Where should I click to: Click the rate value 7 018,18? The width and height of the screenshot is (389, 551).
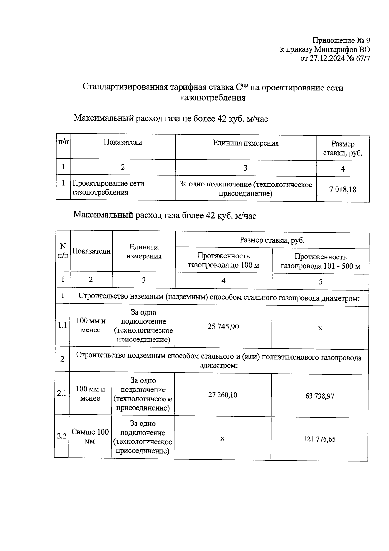(x=343, y=190)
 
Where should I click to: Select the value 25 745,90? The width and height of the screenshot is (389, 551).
(x=223, y=327)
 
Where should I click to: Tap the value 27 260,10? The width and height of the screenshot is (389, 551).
(x=222, y=395)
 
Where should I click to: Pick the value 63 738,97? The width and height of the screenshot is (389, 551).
(x=320, y=396)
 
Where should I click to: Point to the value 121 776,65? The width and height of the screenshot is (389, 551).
(x=320, y=439)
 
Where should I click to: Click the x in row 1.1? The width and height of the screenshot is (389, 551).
(x=320, y=328)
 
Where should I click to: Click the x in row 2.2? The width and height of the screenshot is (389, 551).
(x=222, y=438)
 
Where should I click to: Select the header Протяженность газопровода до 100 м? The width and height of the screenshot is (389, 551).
(x=224, y=261)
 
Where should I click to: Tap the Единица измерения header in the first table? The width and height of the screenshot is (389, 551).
(x=246, y=143)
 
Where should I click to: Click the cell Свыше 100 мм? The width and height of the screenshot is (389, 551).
(x=90, y=437)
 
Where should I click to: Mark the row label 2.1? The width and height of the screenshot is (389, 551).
(x=62, y=393)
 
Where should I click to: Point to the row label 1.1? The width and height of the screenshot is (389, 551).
(x=62, y=325)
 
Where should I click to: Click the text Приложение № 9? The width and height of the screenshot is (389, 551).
(x=341, y=41)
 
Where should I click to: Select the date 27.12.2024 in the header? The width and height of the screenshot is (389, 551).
(x=328, y=59)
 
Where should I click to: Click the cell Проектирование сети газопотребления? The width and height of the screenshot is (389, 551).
(x=108, y=188)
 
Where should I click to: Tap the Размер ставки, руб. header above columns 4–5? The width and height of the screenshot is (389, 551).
(x=272, y=240)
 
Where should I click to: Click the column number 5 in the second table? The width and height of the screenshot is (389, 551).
(x=320, y=282)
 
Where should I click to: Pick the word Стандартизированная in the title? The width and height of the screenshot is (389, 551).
(x=125, y=87)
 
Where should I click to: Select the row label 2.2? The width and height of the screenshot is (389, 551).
(x=62, y=436)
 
